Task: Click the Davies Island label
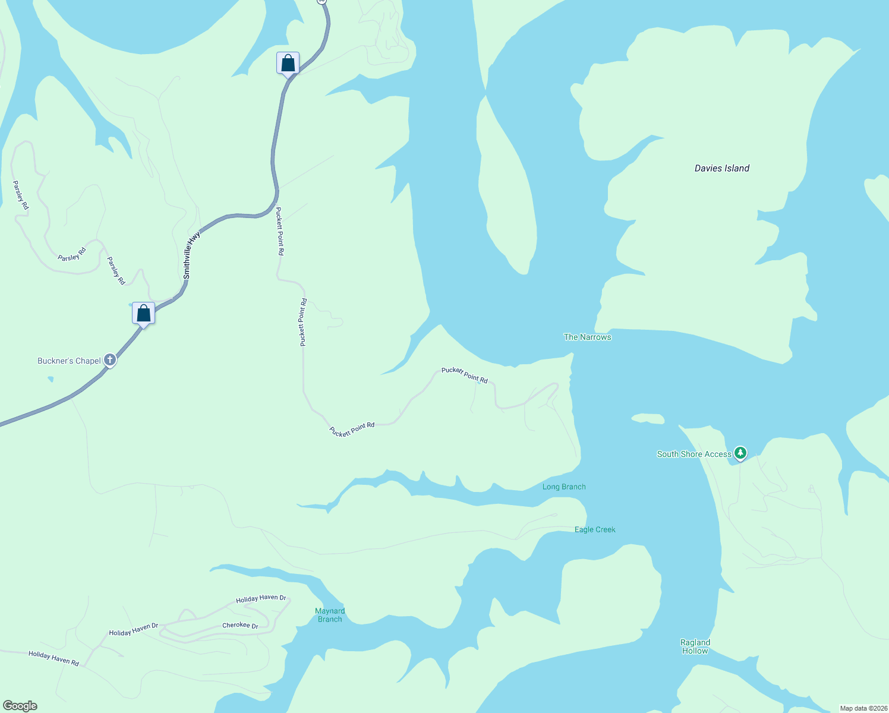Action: [722, 168]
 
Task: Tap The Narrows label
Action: [587, 337]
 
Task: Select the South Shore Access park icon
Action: [740, 453]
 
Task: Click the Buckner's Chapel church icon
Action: [110, 359]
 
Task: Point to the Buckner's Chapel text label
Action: [69, 361]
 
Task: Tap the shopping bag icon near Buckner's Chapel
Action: [143, 313]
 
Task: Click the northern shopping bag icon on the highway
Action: [288, 63]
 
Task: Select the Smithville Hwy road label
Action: [191, 255]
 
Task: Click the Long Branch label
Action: [564, 487]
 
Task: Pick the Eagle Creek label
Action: [595, 529]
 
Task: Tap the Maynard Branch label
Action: [330, 615]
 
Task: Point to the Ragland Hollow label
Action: [695, 646]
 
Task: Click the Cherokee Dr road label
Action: [240, 625]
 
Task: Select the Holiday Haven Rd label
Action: [53, 658]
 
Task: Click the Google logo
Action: [20, 706]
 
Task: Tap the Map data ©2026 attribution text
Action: [863, 708]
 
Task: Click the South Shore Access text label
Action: [694, 454]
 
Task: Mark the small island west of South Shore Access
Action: [648, 419]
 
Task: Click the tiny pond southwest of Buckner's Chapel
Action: [50, 378]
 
